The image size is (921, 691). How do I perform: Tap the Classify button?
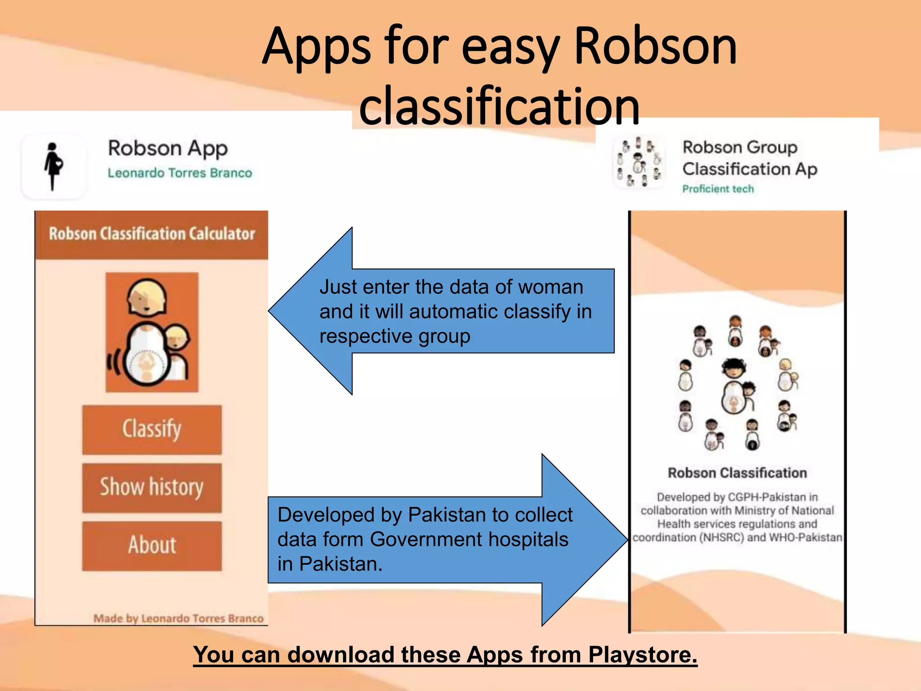pyautogui.click(x=152, y=429)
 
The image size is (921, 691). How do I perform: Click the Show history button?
pyautogui.click(x=152, y=488)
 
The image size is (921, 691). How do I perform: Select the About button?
pyautogui.click(x=152, y=545)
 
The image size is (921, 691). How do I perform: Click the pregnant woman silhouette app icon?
pyautogui.click(x=54, y=166)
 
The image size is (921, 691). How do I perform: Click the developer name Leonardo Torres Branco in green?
pyautogui.click(x=179, y=173)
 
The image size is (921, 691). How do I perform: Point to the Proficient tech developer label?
pyautogui.click(x=718, y=189)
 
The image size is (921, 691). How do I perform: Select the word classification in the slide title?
pyautogui.click(x=499, y=106)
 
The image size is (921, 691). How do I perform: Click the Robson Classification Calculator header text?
pyautogui.click(x=152, y=234)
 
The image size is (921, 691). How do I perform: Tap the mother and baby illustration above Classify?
pyautogui.click(x=152, y=332)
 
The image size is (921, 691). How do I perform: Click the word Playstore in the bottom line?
pyautogui.click(x=642, y=655)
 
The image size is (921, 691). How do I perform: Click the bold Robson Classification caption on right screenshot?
pyautogui.click(x=737, y=473)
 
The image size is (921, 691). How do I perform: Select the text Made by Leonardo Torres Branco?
pyautogui.click(x=178, y=619)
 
